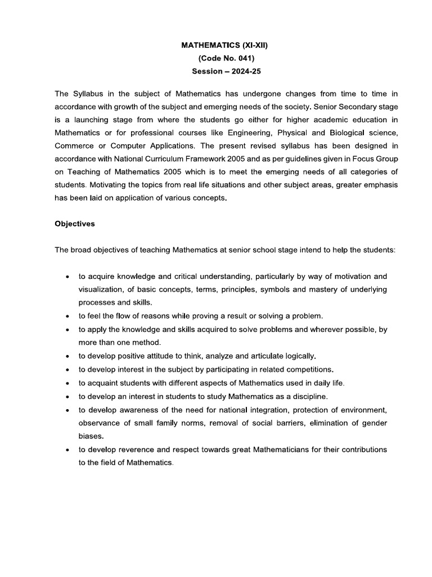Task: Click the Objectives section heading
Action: (x=75, y=224)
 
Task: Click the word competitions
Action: (x=307, y=369)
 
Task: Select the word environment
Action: (x=359, y=410)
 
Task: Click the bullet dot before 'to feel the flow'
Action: (x=67, y=316)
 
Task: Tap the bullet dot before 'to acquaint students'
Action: (x=67, y=383)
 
